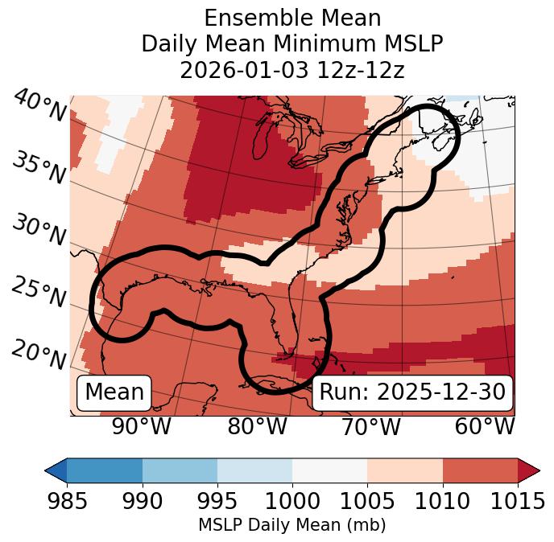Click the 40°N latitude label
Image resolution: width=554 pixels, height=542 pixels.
pos(38,106)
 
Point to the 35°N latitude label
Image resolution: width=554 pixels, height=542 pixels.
pos(38,167)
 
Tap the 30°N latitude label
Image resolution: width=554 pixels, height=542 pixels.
pos(38,231)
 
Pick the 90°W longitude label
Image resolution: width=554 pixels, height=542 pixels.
pos(141,426)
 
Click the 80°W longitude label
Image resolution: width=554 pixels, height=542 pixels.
pos(257,426)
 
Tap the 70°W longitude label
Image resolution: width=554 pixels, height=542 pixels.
pos(371,426)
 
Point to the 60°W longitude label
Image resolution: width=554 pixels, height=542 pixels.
pos(484,426)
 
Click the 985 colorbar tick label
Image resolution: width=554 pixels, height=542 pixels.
pos(67,501)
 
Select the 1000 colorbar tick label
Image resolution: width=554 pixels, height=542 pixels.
pos(292,501)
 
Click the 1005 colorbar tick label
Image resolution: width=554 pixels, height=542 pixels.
pos(367,501)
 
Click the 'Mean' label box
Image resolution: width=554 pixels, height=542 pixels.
pos(114,392)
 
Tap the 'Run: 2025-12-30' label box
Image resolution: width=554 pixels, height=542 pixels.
pos(412,392)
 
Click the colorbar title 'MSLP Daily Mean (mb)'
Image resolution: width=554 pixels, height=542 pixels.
pos(291,525)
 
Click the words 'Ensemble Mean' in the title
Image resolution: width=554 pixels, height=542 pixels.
pos(292,18)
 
